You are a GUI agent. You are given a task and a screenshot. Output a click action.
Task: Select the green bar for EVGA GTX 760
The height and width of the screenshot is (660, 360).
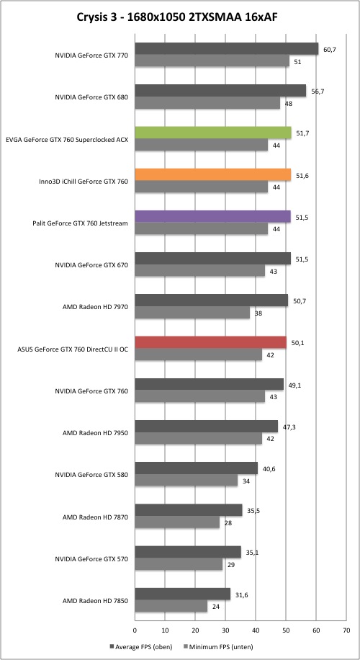[213, 133]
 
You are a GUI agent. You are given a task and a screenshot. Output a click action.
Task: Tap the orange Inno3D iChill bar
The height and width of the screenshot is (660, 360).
[213, 174]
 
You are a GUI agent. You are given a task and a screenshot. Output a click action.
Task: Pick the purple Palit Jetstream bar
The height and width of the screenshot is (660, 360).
[213, 217]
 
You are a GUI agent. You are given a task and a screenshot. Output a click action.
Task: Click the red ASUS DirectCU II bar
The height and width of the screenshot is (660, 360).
[211, 343]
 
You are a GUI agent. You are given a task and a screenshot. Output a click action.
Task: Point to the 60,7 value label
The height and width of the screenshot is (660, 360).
[329, 49]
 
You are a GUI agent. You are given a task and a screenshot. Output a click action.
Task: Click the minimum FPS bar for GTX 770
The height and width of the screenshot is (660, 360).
[212, 61]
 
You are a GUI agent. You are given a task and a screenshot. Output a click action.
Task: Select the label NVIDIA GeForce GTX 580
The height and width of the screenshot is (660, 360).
[91, 475]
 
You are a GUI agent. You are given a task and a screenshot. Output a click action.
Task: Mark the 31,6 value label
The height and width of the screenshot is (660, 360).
[241, 594]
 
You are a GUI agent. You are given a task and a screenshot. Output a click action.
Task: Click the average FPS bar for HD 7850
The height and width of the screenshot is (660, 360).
[183, 594]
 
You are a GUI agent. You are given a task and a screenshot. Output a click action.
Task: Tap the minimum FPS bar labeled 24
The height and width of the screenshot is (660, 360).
[171, 606]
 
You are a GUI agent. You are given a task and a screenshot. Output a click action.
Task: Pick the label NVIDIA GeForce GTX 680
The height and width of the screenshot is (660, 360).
[91, 97]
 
